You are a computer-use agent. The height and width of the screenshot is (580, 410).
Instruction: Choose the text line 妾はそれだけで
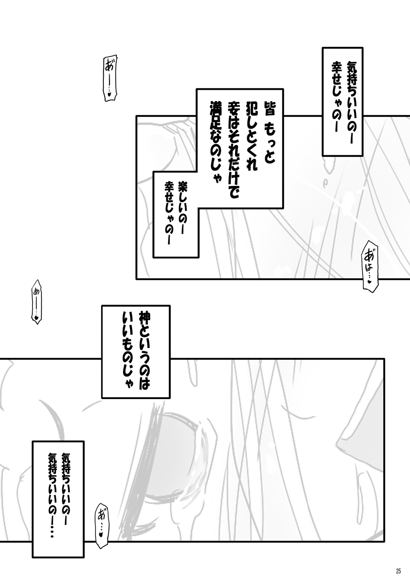click(x=232, y=149)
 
